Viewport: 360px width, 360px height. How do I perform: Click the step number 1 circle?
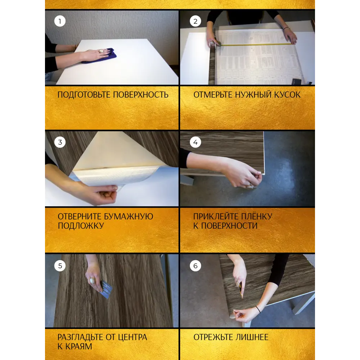point(60,21)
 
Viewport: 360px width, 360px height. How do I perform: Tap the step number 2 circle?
point(195,21)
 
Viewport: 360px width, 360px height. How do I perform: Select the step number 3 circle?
point(60,142)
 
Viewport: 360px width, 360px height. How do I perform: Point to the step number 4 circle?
point(195,142)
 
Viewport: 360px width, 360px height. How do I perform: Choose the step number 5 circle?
point(60,266)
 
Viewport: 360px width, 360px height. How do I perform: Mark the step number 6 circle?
point(195,266)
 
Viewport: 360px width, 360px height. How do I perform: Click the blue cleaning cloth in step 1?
point(101,57)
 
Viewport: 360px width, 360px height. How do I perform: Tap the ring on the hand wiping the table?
point(101,51)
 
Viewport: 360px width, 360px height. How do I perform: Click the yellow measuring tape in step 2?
point(255,44)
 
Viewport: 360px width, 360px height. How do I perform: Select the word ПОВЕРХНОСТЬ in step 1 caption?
point(141,95)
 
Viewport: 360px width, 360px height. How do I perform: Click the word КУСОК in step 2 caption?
point(287,95)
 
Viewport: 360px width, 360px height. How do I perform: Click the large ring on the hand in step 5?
point(92,280)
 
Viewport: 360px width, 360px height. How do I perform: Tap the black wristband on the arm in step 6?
point(258,309)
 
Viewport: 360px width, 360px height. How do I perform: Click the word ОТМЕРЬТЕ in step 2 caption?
point(213,95)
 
